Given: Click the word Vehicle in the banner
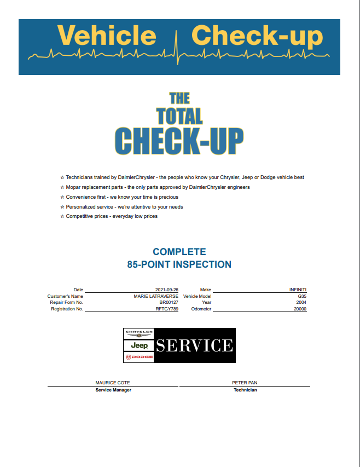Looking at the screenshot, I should click(107, 36).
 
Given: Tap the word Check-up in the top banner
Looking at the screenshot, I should click(257, 36).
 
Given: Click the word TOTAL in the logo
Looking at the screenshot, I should click(179, 116).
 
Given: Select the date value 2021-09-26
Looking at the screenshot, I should click(167, 290).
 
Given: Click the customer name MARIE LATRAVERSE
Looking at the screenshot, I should click(156, 296).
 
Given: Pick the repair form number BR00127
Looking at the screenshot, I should click(169, 302).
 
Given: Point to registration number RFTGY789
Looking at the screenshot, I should click(167, 309).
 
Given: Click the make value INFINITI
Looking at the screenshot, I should click(298, 290).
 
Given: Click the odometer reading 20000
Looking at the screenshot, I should click(300, 309).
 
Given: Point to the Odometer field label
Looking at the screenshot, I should click(201, 309).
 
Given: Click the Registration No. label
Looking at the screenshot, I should click(67, 309).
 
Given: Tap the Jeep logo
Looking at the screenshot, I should click(139, 345).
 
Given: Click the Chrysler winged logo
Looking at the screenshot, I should click(139, 334).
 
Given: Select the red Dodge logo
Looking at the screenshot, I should click(139, 357).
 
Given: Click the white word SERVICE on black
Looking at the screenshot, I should click(195, 345).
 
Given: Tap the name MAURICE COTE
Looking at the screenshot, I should click(113, 383).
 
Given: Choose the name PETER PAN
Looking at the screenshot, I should click(245, 383).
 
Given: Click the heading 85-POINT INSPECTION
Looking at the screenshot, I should click(179, 264).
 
